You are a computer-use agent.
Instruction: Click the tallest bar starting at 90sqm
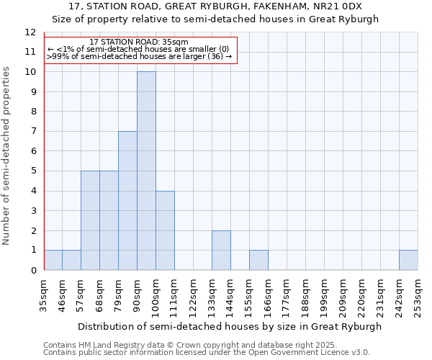[x=146, y=171]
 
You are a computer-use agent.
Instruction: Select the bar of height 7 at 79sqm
[x=127, y=200]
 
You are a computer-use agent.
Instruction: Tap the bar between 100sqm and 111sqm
[x=165, y=230]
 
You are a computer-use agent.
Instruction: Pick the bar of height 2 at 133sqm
[x=221, y=250]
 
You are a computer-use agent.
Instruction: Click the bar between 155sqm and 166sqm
[x=258, y=260]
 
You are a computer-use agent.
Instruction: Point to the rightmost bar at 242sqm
[x=408, y=260]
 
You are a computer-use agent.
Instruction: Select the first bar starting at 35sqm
[x=53, y=260]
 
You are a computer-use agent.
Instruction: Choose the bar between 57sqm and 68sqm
[x=90, y=220]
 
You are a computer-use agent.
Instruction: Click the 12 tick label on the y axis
[x=30, y=32]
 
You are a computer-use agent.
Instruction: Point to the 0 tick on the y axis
[x=33, y=270]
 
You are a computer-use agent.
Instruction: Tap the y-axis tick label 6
[x=33, y=151]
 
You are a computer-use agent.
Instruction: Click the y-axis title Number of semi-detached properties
[x=7, y=156]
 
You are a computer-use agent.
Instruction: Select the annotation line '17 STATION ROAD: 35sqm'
[x=140, y=42]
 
